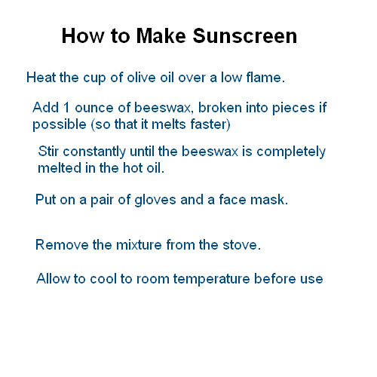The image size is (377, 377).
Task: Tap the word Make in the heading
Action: click(165, 35)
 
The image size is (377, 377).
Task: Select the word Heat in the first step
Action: click(40, 78)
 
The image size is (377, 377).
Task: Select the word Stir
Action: click(50, 152)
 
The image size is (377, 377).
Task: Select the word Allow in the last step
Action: click(53, 279)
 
